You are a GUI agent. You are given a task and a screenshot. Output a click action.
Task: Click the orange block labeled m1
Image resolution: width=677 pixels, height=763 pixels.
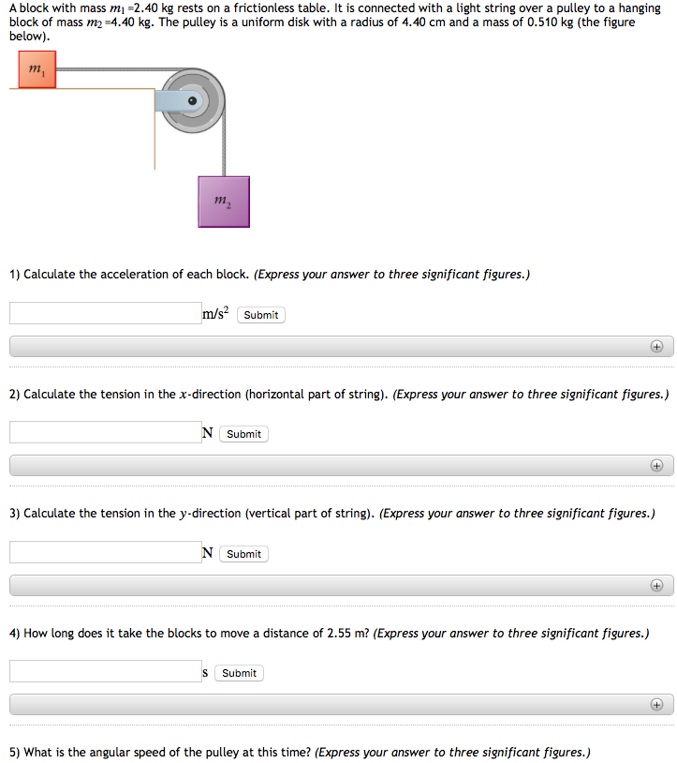pyautogui.click(x=37, y=69)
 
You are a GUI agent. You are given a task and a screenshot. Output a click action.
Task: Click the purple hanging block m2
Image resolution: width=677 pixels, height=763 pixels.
pyautogui.click(x=224, y=201)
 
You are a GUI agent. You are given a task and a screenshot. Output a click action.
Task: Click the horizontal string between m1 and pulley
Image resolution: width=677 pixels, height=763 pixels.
pyautogui.click(x=112, y=69)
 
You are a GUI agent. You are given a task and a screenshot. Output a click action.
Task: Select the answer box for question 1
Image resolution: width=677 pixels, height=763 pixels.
pyautogui.click(x=105, y=314)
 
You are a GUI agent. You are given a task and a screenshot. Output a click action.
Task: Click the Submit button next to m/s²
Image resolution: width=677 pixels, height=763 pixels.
pyautogui.click(x=260, y=315)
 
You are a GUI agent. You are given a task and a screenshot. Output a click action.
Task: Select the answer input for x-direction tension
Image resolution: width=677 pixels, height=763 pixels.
pyautogui.click(x=105, y=433)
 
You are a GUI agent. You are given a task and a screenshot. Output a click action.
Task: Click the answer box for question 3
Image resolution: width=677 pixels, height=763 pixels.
pyautogui.click(x=105, y=553)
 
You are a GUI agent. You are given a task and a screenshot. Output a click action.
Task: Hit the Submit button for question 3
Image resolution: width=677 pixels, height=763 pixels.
pyautogui.click(x=243, y=554)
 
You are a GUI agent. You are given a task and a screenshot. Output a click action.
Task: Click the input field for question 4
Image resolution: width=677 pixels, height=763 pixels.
pyautogui.click(x=105, y=672)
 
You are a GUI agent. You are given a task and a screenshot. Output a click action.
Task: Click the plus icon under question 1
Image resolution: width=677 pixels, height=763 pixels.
pyautogui.click(x=656, y=347)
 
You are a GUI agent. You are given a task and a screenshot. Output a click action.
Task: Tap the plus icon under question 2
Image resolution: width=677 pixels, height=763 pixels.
pyautogui.click(x=656, y=466)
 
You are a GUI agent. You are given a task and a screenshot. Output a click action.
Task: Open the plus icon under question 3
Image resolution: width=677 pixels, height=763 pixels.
pyautogui.click(x=656, y=586)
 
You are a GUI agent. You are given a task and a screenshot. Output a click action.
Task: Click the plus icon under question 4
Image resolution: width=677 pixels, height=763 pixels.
pyautogui.click(x=656, y=705)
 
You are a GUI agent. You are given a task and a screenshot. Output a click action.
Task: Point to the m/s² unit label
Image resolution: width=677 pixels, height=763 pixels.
pyautogui.click(x=215, y=314)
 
